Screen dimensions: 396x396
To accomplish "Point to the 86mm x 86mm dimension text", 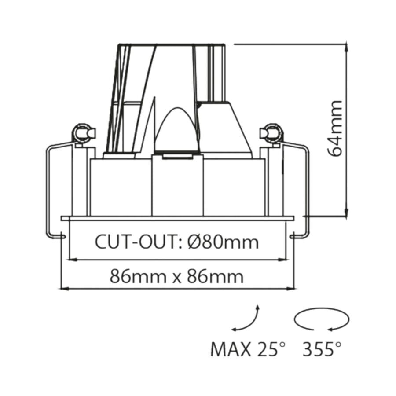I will (176, 277).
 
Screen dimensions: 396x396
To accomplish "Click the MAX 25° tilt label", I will (248, 350).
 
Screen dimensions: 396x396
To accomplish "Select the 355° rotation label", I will (322, 350).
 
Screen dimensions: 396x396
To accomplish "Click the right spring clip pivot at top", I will (271, 132).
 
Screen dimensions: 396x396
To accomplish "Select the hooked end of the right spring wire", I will (293, 237).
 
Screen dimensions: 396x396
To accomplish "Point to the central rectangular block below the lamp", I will (177, 185).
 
